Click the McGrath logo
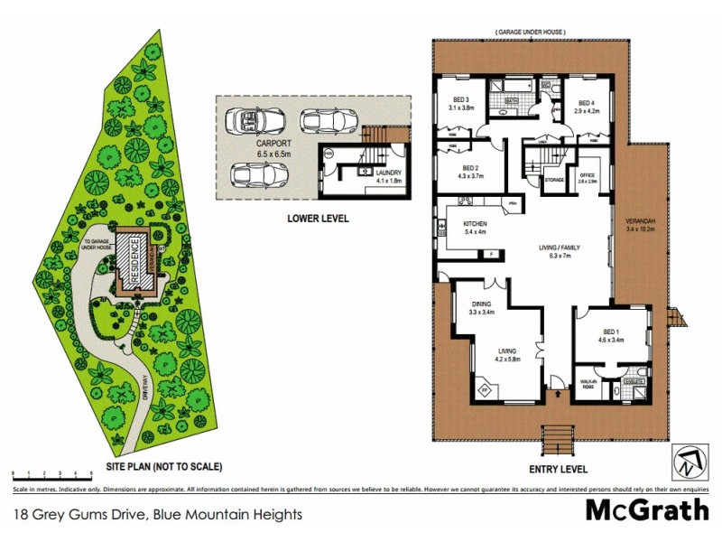click(648, 510)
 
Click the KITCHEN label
click(475, 227)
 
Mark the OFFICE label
click(587, 177)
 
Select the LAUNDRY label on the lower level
click(388, 175)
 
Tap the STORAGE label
click(555, 181)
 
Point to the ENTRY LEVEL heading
click(558, 469)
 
